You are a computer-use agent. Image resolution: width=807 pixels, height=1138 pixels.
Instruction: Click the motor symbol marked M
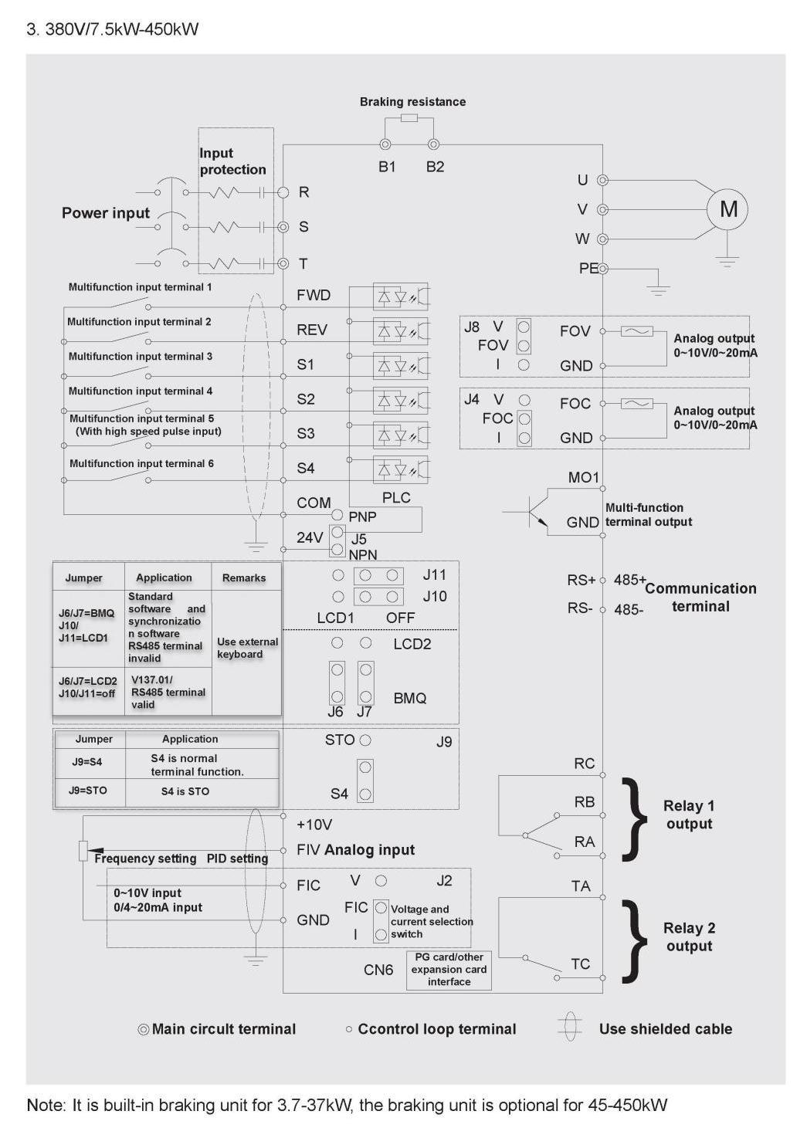727,209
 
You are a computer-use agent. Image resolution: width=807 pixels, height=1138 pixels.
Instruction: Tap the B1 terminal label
387,167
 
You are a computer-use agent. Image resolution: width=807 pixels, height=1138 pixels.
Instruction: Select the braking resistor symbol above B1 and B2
409,118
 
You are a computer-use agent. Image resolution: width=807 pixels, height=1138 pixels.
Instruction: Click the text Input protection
232,161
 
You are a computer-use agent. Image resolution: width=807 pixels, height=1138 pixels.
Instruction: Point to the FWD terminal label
314,295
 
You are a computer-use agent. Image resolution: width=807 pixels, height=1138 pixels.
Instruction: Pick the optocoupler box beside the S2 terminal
401,401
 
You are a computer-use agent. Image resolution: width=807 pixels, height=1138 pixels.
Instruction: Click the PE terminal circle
602,268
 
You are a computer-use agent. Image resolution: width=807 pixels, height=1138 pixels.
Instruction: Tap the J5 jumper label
359,539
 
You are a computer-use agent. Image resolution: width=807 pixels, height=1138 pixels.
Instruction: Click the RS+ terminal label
581,580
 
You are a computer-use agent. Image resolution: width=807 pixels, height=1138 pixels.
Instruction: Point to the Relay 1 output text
689,815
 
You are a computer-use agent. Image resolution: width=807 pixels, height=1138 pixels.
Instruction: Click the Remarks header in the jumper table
244,577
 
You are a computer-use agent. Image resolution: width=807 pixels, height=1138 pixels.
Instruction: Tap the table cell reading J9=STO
88,791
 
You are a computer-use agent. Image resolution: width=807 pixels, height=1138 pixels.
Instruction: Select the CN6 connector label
378,970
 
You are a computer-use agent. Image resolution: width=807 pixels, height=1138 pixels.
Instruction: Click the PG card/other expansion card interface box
449,970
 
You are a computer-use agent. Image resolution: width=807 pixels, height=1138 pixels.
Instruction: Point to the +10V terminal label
314,825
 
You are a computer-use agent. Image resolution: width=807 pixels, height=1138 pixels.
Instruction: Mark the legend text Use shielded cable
666,1029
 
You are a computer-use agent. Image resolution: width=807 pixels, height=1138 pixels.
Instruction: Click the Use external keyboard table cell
247,648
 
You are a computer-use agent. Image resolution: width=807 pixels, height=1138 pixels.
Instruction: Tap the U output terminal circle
602,180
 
